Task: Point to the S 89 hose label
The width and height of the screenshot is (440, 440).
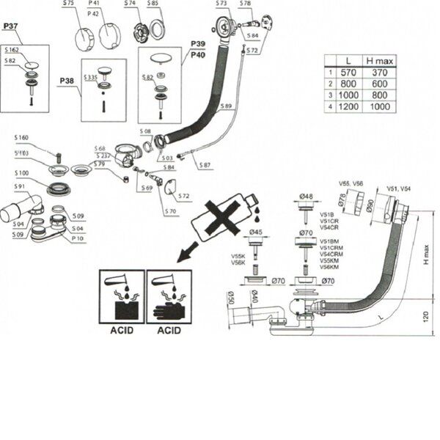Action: click(226, 106)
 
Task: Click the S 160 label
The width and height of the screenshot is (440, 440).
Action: click(23, 139)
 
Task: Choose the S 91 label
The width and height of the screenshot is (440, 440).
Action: click(20, 186)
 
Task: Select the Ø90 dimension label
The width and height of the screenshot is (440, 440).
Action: click(371, 203)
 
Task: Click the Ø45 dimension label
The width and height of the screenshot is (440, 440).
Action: click(256, 233)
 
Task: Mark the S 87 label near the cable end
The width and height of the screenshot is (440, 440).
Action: click(205, 165)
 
